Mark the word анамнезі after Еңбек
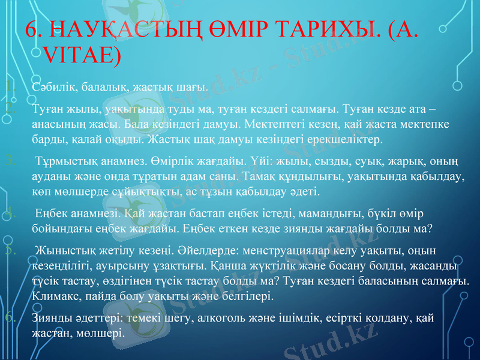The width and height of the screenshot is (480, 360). (94, 214)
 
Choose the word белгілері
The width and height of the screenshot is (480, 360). (248, 296)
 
